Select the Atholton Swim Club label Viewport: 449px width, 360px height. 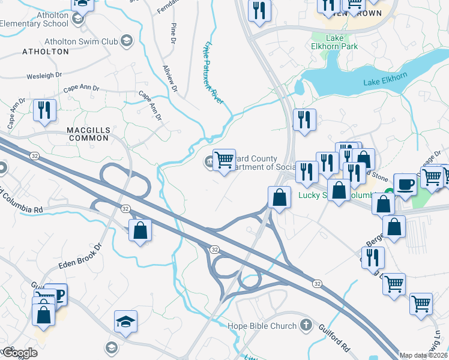pyautogui.click(x=81, y=41)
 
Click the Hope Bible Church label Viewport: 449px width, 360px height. pyautogui.click(x=262, y=326)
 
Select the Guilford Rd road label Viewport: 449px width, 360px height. pyautogui.click(x=337, y=338)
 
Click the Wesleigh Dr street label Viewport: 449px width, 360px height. pyautogui.click(x=44, y=76)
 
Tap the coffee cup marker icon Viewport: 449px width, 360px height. pyautogui.click(x=405, y=184)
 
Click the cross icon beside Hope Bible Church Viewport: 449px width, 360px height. pyautogui.click(x=306, y=326)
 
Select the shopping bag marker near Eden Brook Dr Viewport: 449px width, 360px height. pyautogui.click(x=140, y=230)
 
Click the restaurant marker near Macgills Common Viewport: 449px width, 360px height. pyautogui.click(x=44, y=110)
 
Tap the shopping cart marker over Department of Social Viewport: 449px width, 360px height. pyautogui.click(x=224, y=160)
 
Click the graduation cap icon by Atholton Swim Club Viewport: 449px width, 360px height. pyautogui.click(x=127, y=41)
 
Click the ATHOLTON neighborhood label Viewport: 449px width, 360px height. pyautogui.click(x=46, y=52)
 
